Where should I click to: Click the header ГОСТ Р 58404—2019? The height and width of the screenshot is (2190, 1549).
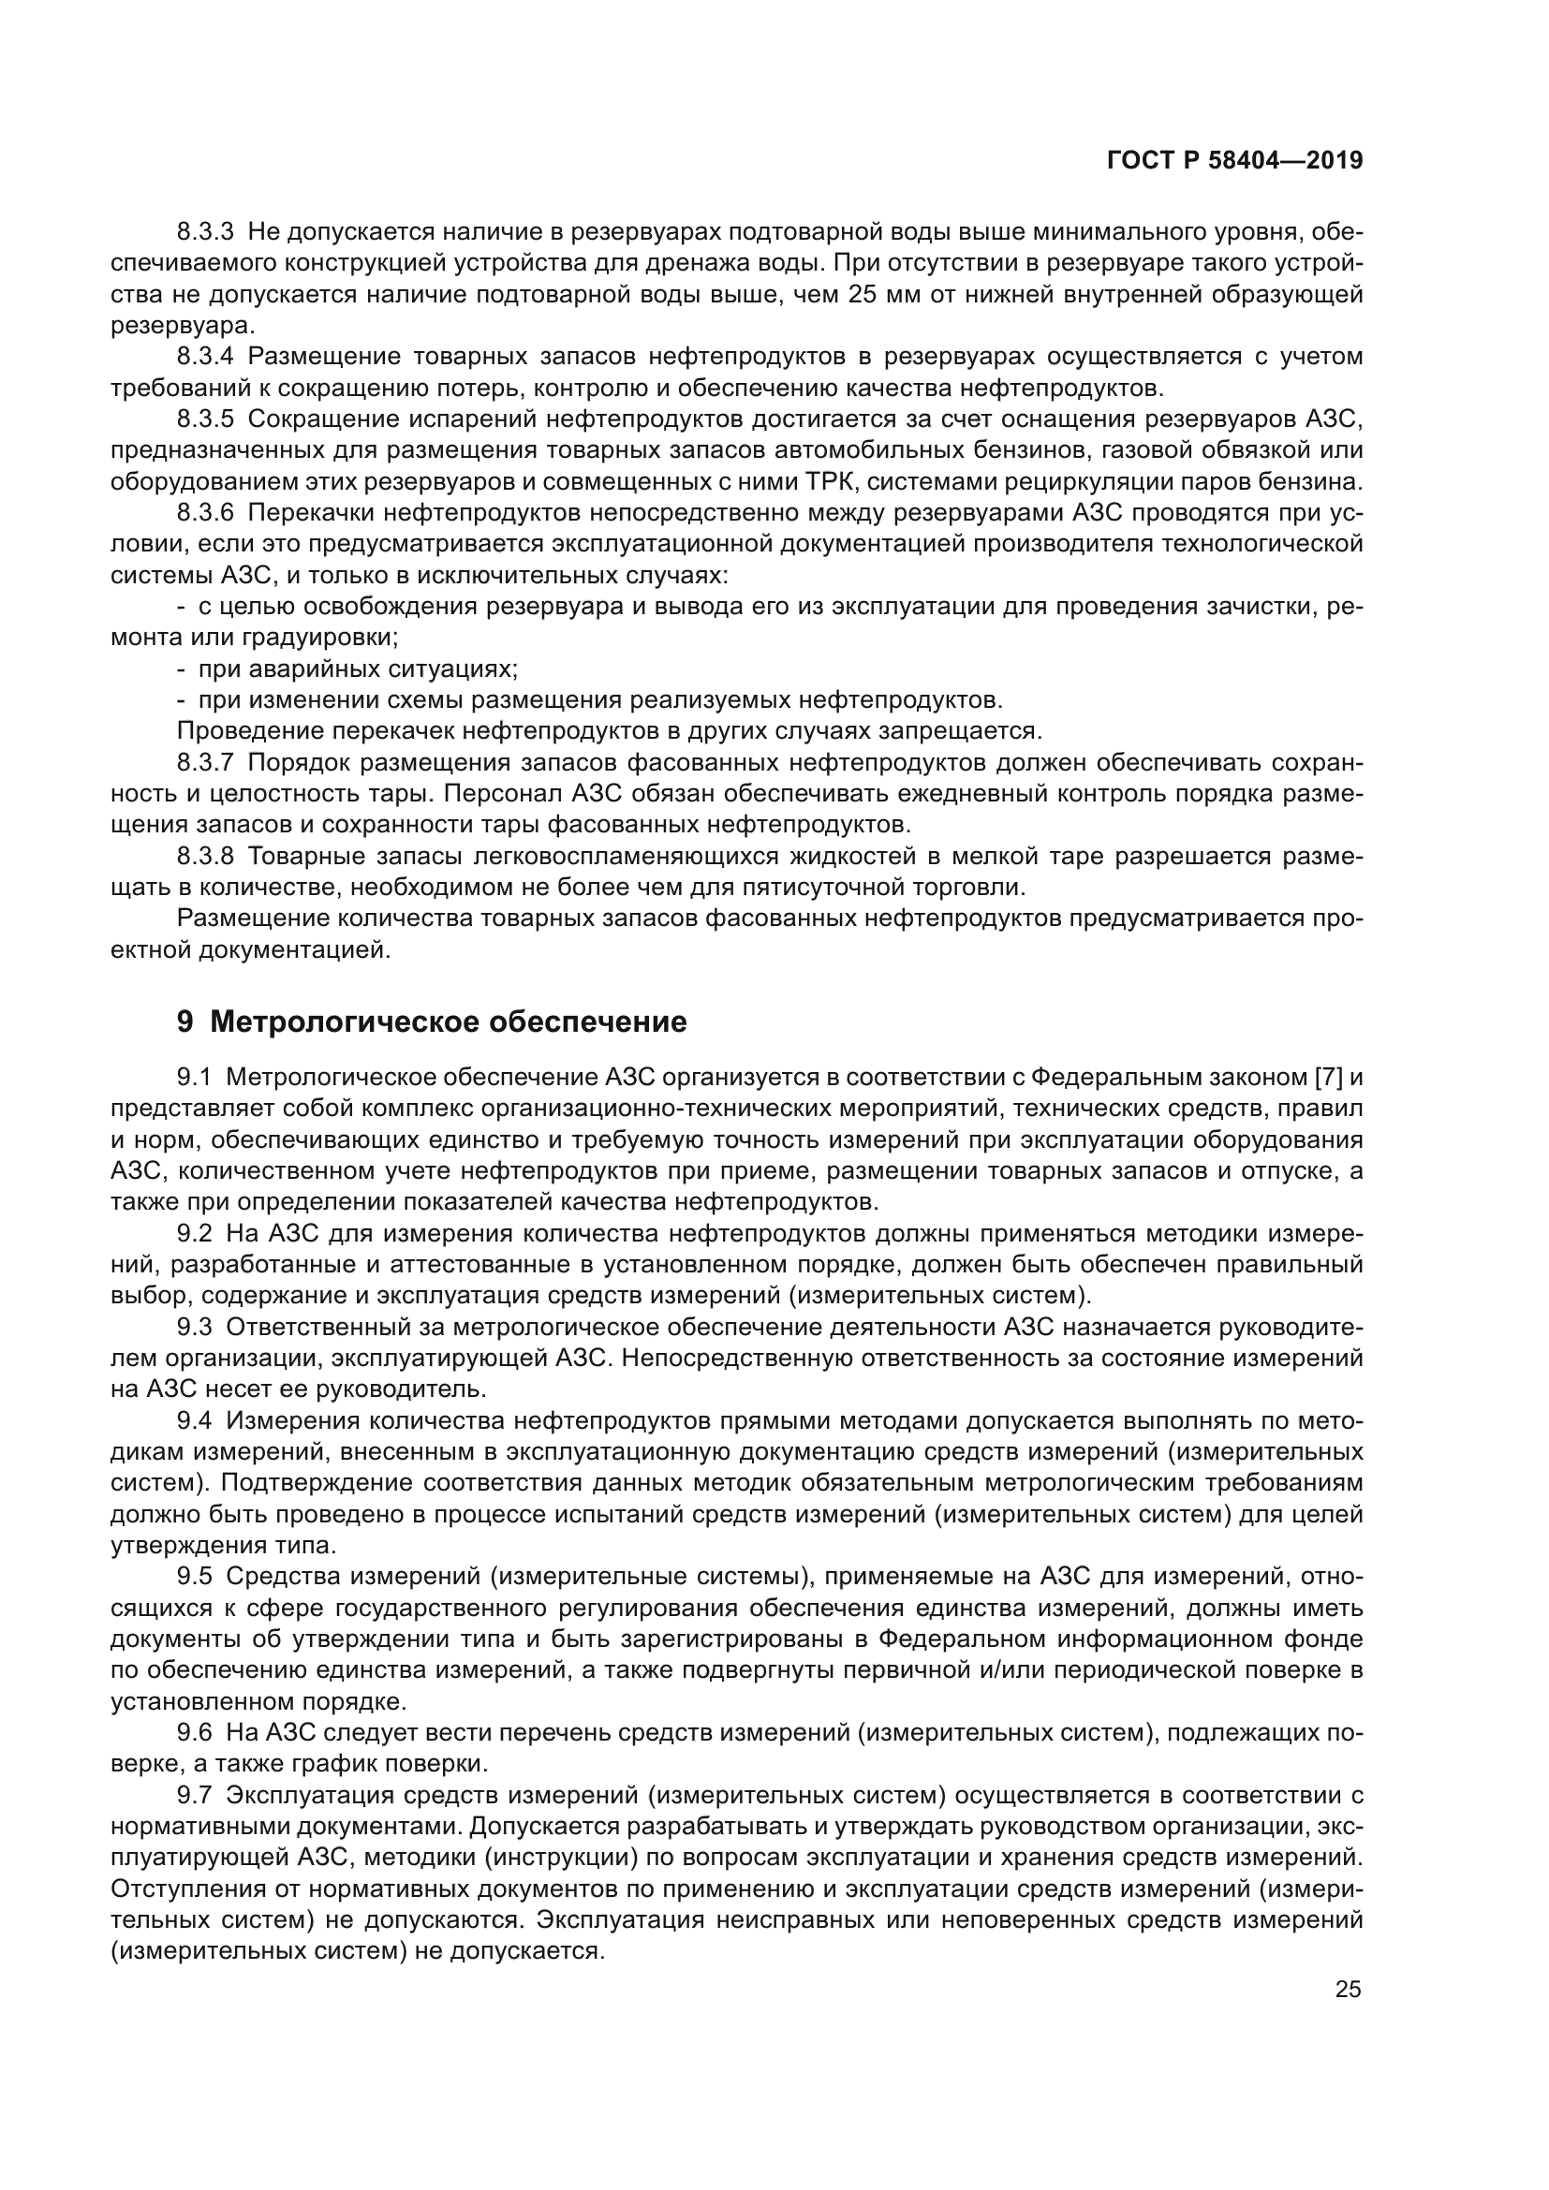point(1234,160)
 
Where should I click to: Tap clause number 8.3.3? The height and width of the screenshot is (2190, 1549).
point(205,232)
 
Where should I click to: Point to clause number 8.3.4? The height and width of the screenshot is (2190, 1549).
point(205,357)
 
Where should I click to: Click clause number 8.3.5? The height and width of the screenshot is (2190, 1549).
point(205,419)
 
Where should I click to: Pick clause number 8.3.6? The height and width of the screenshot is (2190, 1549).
point(205,513)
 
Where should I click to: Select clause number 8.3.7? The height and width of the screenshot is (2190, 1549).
point(205,763)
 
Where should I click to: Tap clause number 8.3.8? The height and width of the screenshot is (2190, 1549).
point(205,857)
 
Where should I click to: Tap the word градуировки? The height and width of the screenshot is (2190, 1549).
point(320,638)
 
